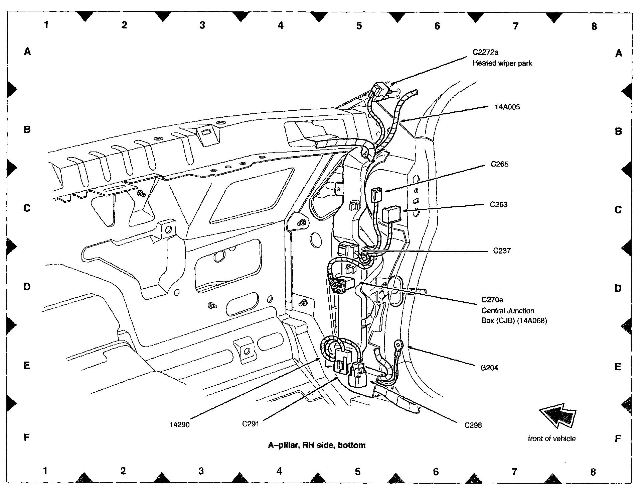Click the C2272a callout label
485,52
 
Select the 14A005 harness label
507,107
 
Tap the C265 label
499,164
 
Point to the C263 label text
498,204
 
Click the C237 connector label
502,251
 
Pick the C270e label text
492,300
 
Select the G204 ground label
489,368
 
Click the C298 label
473,425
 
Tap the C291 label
251,424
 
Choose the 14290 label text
179,425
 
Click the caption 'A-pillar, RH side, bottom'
316,445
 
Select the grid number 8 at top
594,26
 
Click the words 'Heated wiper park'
502,63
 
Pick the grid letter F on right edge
618,439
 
